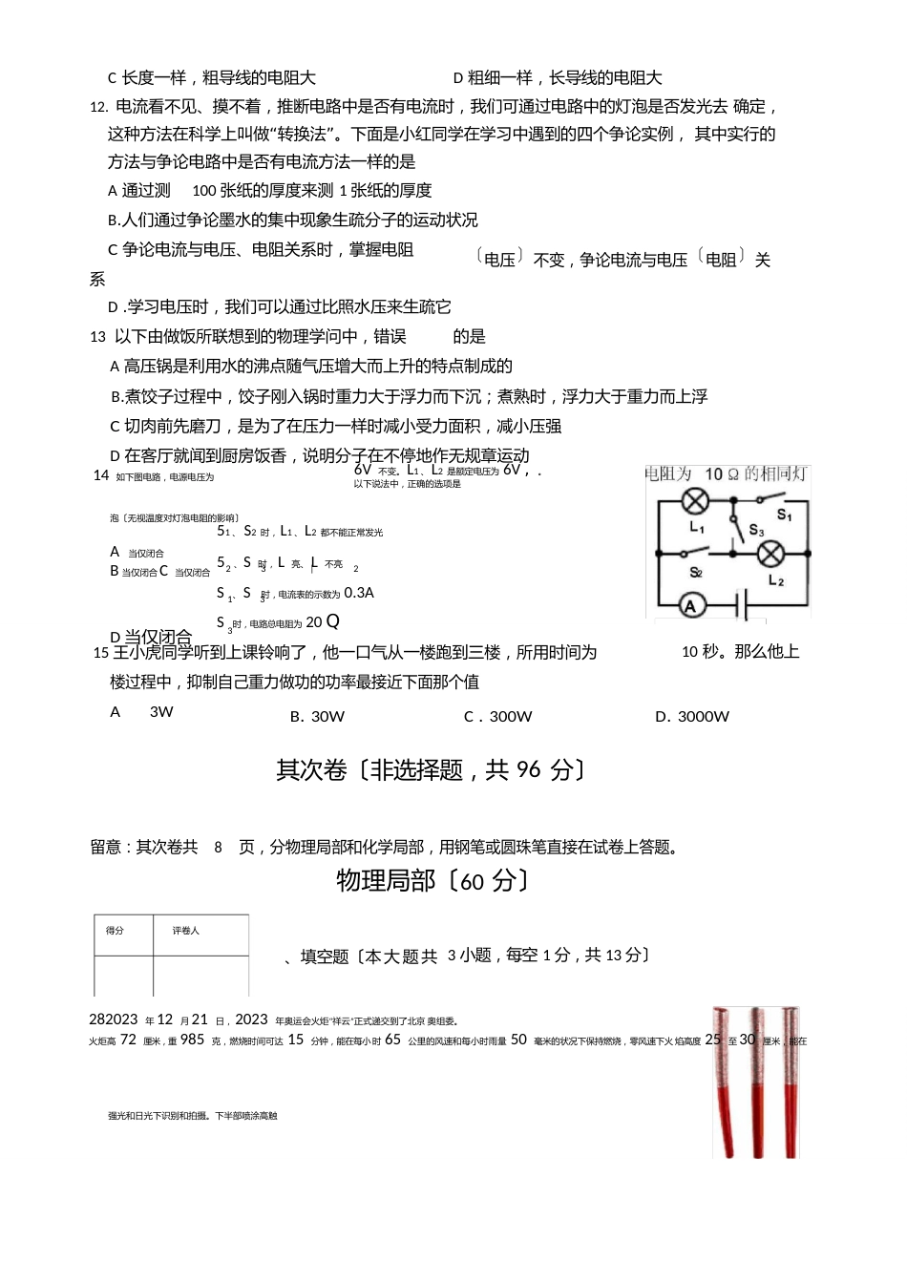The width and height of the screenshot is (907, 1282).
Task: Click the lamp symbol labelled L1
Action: click(x=697, y=501)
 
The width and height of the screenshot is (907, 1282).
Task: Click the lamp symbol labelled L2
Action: click(x=770, y=553)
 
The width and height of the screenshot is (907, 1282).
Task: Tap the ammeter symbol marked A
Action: click(x=692, y=605)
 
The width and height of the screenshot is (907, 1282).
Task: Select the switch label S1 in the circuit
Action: click(x=784, y=515)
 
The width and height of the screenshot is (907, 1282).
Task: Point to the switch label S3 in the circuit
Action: click(x=756, y=530)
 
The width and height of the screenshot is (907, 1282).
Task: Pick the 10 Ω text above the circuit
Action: click(x=722, y=474)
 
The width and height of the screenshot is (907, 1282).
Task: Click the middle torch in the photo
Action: click(x=758, y=1079)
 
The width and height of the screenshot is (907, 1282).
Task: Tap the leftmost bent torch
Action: click(x=726, y=1079)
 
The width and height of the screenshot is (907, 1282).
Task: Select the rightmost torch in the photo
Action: click(x=791, y=1079)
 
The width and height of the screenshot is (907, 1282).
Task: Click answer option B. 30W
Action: click(x=317, y=717)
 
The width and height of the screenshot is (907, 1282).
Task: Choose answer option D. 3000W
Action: click(x=691, y=717)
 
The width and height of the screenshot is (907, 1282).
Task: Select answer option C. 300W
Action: click(x=497, y=717)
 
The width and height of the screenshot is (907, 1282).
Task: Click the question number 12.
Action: click(x=98, y=107)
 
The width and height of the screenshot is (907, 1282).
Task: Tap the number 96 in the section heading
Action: click(x=528, y=769)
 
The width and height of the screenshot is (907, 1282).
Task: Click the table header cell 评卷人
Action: click(x=185, y=931)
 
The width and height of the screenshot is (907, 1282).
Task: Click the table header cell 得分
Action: click(x=115, y=931)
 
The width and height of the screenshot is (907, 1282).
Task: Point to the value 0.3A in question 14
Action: click(x=359, y=593)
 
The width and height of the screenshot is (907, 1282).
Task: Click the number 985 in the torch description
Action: click(x=192, y=1040)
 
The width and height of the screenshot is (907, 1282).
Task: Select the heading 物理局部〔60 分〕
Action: click(x=432, y=880)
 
